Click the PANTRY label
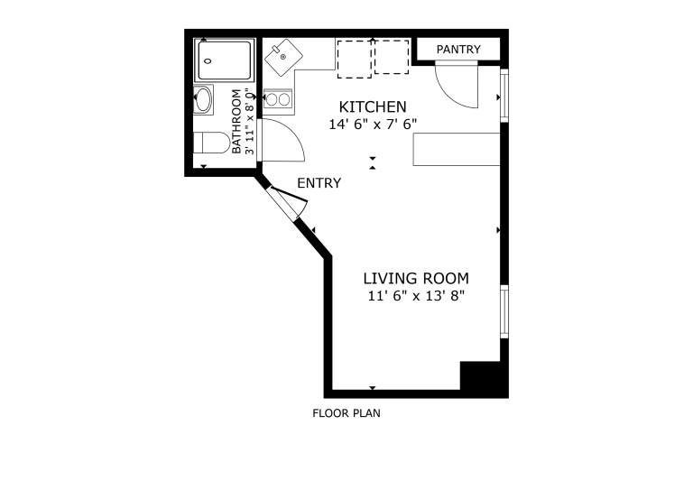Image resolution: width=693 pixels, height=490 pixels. click(458, 49)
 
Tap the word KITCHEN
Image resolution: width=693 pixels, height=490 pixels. click(373, 106)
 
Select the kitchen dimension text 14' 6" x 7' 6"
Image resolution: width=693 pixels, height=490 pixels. click(373, 125)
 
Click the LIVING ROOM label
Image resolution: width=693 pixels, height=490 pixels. click(416, 278)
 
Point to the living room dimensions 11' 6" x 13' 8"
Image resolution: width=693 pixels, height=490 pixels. click(416, 296)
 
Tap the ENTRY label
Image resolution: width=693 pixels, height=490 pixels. click(319, 183)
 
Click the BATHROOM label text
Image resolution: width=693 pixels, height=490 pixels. click(237, 122)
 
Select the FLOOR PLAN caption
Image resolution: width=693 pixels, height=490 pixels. click(346, 413)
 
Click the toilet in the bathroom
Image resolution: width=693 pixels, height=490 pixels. click(212, 143)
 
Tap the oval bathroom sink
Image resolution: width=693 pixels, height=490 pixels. click(203, 100)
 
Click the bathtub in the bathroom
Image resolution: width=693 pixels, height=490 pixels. click(225, 60)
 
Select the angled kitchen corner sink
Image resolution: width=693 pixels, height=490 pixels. click(283, 57)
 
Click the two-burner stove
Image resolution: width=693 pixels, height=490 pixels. click(278, 99)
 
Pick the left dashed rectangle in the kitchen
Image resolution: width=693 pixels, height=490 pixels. click(355, 60)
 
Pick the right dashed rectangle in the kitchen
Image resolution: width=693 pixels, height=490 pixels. click(392, 57)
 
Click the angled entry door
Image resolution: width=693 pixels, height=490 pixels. click(288, 201)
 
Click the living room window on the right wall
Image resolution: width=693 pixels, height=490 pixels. click(504, 311)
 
